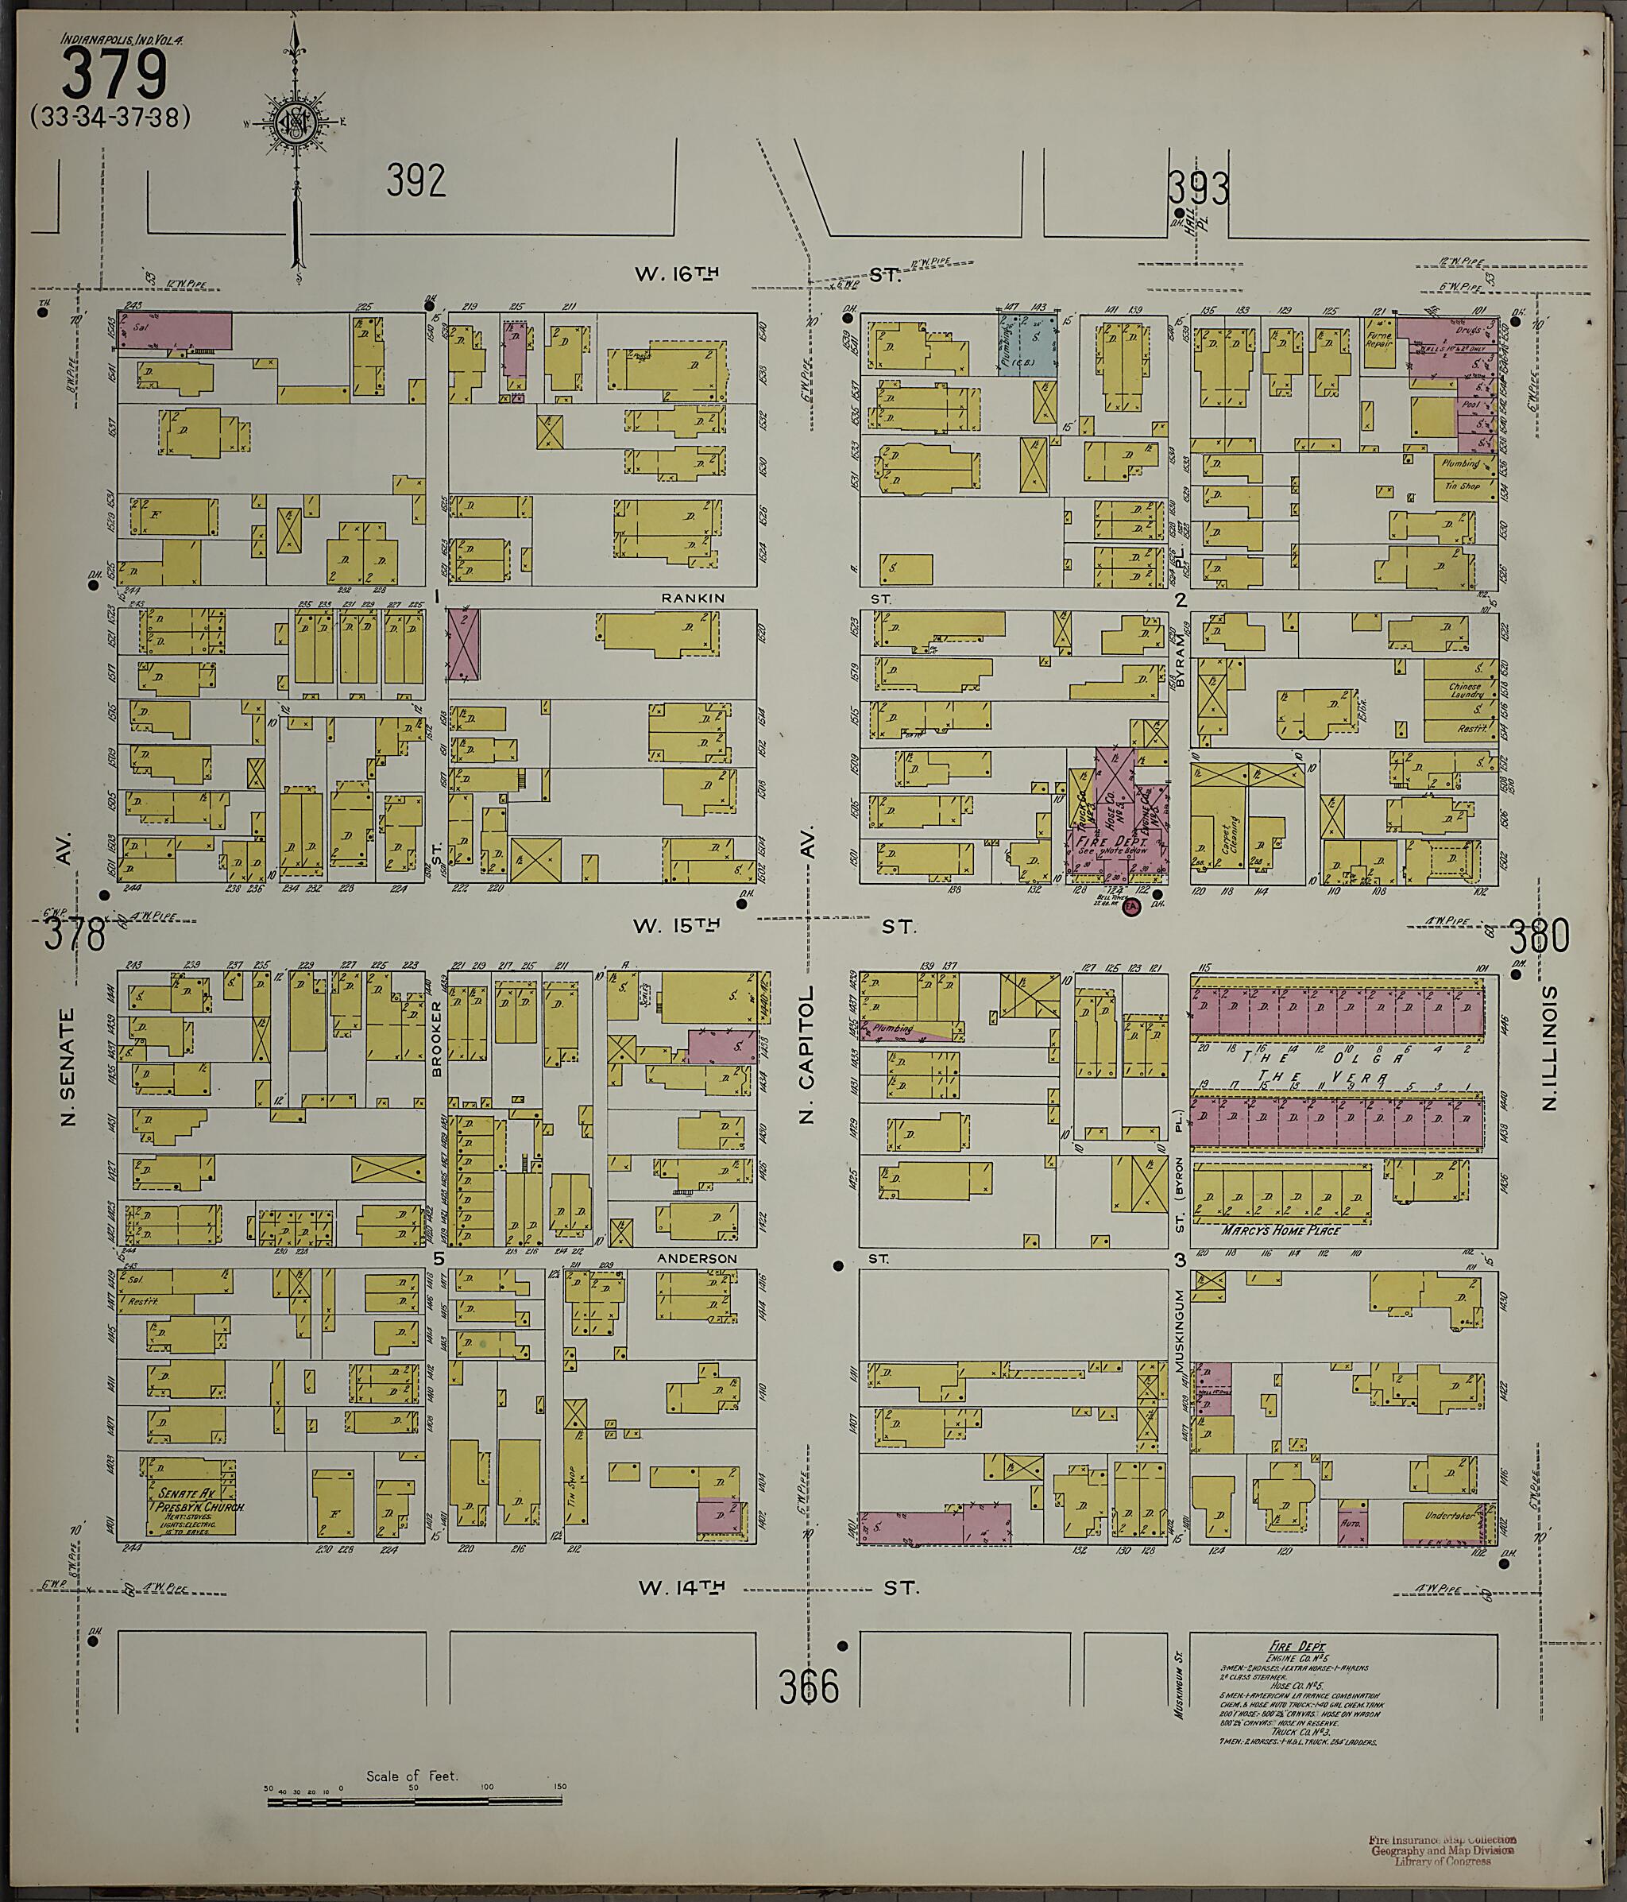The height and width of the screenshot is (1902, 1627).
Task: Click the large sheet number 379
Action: [114, 76]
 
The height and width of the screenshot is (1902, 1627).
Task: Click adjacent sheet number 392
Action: [415, 181]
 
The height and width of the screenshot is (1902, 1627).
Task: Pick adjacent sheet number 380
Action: [1539, 936]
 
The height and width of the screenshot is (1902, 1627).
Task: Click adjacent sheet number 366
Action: [810, 1687]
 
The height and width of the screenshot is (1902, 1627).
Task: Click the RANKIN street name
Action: [693, 598]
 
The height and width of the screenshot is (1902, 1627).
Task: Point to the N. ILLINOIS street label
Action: [1550, 1048]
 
